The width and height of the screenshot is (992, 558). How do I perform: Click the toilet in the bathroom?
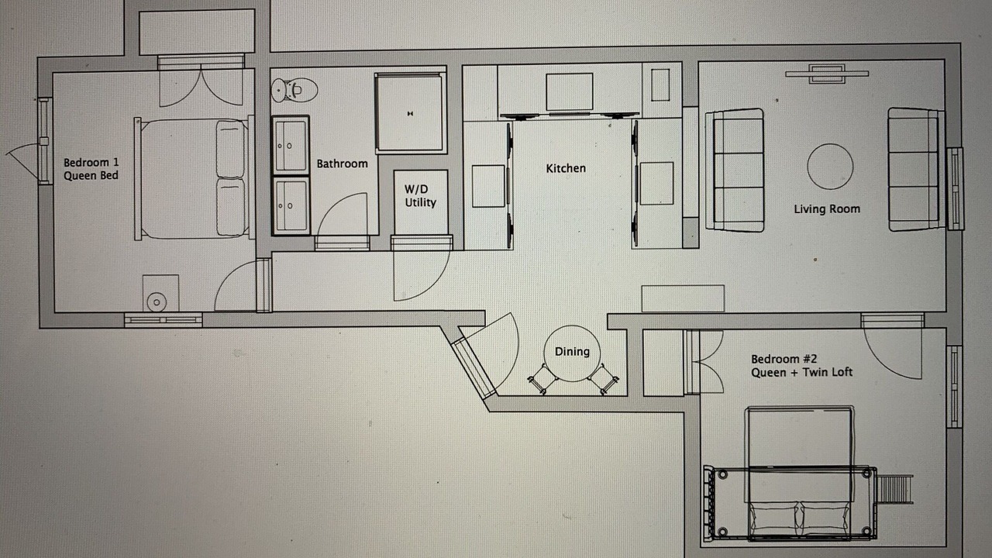click(294, 90)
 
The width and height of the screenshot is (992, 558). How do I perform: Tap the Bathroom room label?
click(343, 164)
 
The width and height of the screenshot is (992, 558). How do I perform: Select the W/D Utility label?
click(420, 196)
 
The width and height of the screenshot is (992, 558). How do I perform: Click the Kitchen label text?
click(566, 168)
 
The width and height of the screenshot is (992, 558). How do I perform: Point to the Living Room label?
click(827, 208)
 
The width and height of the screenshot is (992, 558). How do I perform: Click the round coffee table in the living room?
click(830, 167)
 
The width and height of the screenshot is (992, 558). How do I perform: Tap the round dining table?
click(572, 353)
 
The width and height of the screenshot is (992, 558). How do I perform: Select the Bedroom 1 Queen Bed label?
click(91, 169)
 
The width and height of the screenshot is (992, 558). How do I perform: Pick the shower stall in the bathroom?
click(409, 113)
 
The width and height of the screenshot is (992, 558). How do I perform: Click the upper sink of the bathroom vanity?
click(291, 145)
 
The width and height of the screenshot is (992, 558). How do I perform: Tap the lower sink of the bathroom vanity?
click(291, 205)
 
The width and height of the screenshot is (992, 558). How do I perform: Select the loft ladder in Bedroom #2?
click(895, 489)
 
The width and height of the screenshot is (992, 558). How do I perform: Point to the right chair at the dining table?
click(604, 379)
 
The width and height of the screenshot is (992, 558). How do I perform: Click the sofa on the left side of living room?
click(735, 170)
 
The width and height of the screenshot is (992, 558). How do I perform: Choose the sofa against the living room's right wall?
click(916, 169)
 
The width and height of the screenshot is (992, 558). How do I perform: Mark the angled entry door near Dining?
click(473, 367)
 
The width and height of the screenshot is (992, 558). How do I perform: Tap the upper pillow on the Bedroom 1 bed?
click(230, 149)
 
